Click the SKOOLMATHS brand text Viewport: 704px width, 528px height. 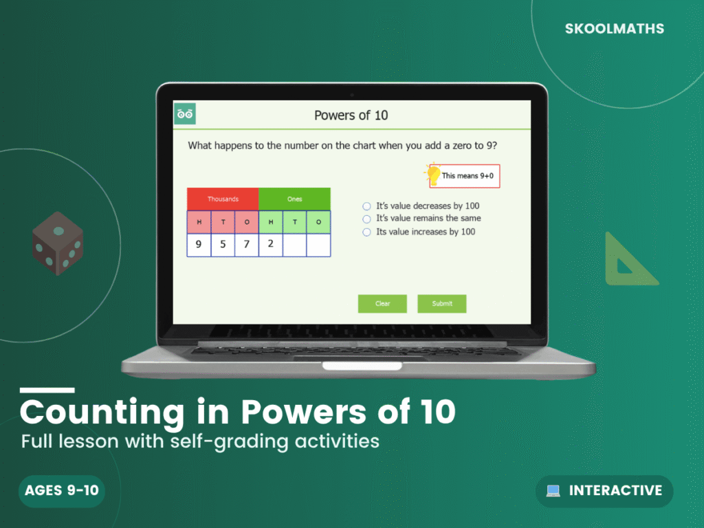[x=614, y=29]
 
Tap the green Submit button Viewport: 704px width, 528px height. [x=442, y=304]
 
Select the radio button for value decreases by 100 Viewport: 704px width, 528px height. [x=367, y=206]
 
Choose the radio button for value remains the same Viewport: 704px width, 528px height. [x=367, y=219]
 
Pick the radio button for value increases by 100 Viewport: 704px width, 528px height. [x=367, y=232]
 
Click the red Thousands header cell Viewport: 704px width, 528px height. [x=223, y=199]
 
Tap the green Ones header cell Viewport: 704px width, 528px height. [x=294, y=199]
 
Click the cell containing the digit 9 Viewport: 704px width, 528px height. [x=199, y=245]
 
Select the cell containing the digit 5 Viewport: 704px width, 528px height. [x=223, y=245]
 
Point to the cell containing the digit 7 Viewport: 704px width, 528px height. [x=246, y=245]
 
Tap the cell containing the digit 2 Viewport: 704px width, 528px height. [x=270, y=245]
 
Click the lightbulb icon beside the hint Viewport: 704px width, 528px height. [x=434, y=173]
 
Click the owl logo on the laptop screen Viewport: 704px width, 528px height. [x=185, y=113]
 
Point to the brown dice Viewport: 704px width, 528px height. [x=58, y=243]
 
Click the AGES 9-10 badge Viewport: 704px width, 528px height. [x=62, y=491]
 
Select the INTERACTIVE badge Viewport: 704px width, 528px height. [x=604, y=491]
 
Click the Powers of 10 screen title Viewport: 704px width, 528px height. [x=351, y=115]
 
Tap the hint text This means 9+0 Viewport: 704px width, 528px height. [x=467, y=176]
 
